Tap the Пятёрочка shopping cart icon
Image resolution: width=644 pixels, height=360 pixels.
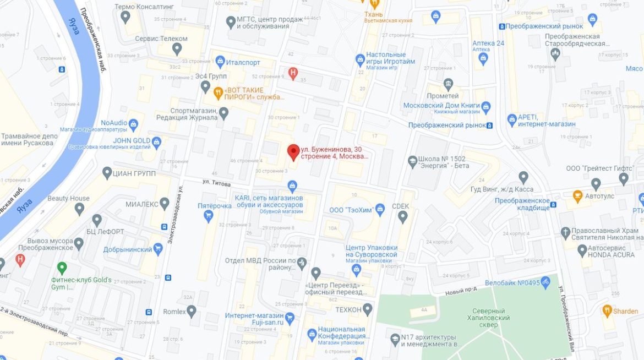pyautogui.click(x=208, y=216)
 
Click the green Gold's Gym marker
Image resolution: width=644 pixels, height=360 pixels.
pyautogui.click(x=62, y=268)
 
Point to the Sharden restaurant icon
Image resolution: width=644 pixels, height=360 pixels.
pyautogui.click(x=607, y=310)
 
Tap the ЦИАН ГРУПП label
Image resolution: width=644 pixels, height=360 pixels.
pyautogui.click(x=134, y=173)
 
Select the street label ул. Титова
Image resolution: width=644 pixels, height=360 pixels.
pyautogui.click(x=214, y=183)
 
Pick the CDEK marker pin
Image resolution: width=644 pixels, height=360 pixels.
pyautogui.click(x=402, y=217)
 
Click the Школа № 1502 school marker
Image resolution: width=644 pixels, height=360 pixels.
pyautogui.click(x=413, y=162)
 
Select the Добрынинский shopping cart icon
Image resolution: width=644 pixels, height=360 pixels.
pyautogui.click(x=158, y=249)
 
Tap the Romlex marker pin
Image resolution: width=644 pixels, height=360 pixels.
pyautogui.click(x=192, y=312)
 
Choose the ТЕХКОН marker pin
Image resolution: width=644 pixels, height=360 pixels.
pyautogui.click(x=368, y=309)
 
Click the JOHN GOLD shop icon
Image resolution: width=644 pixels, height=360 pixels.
pyautogui.click(x=156, y=141)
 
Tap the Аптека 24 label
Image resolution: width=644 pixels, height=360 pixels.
pyautogui.click(x=488, y=43)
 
